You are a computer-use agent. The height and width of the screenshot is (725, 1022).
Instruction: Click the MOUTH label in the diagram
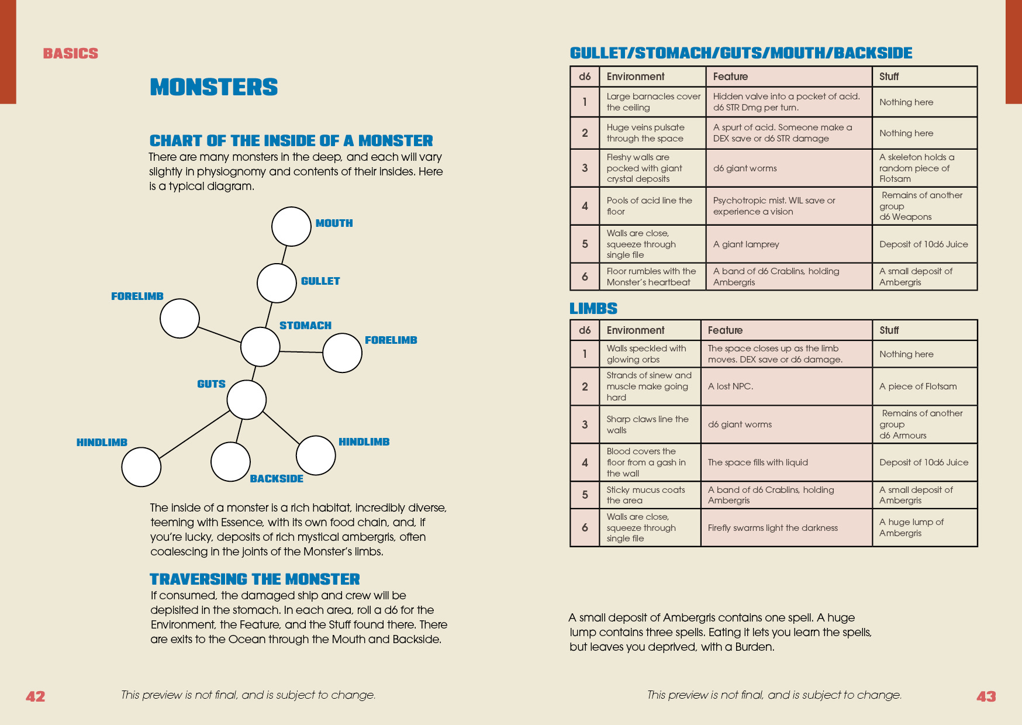(334, 223)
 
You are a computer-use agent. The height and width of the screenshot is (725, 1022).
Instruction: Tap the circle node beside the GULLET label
(277, 283)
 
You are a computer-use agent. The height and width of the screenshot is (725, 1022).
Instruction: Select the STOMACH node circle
(260, 347)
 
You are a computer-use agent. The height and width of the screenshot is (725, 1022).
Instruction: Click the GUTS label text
(211, 384)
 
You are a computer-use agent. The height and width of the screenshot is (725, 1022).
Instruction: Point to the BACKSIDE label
(277, 479)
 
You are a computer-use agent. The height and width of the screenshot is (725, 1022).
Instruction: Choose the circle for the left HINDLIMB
(141, 467)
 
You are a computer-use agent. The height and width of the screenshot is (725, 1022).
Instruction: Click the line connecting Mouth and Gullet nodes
(284, 255)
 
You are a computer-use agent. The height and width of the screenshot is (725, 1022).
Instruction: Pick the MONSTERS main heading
(213, 87)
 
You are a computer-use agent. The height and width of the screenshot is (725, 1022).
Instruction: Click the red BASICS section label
(71, 54)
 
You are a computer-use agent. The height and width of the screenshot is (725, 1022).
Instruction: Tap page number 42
(35, 696)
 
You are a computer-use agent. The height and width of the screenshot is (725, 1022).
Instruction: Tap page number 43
(986, 696)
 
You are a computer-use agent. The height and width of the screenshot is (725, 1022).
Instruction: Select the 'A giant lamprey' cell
(788, 244)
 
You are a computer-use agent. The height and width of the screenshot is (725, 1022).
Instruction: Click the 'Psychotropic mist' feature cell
(788, 206)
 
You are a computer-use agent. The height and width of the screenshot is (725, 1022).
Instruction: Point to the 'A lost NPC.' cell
(786, 386)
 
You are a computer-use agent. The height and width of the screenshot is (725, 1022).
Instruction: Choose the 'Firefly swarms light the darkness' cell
(786, 528)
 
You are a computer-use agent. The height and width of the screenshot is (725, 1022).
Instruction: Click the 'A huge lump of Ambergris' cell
(924, 528)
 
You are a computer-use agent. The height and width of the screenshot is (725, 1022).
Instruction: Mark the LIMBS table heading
(593, 309)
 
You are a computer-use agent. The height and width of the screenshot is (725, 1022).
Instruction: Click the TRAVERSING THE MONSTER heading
(254, 579)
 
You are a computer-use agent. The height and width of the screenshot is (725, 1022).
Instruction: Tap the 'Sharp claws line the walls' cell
(649, 424)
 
